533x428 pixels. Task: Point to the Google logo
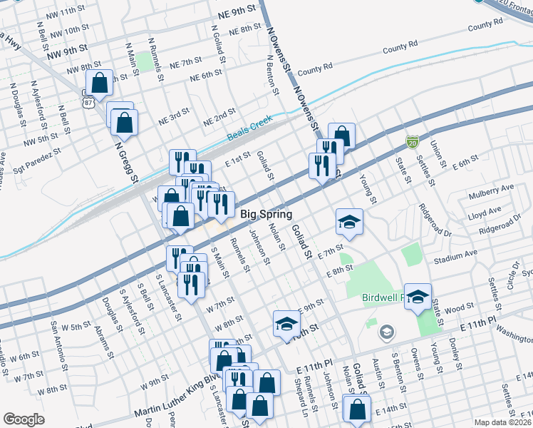(24, 419)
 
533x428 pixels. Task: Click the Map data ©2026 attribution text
(502, 422)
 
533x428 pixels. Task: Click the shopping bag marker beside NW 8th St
(99, 81)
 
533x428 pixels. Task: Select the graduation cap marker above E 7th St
(349, 221)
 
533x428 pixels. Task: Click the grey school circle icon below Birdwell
(386, 332)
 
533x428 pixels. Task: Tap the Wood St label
(460, 307)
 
